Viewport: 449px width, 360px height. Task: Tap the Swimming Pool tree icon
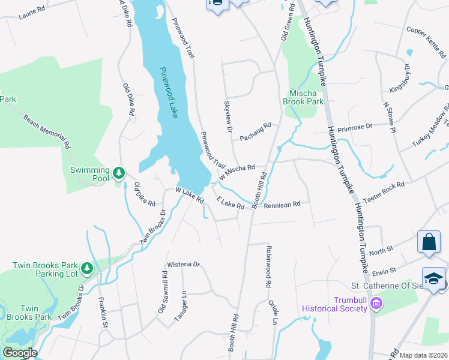pos(119,174)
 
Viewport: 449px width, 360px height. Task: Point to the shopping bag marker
pos(429,242)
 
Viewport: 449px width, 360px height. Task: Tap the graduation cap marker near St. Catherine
pos(433,278)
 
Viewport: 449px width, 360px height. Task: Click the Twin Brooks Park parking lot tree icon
pos(88,268)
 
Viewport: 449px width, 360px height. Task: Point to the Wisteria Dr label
pos(183,263)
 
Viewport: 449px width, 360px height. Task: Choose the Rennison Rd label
pos(282,205)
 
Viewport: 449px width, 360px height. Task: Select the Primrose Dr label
pos(355,127)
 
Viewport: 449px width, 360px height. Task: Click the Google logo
pos(19,353)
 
